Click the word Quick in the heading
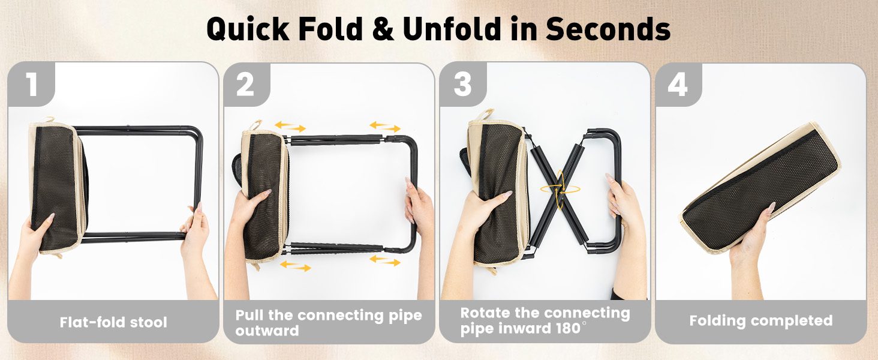click(x=248, y=29)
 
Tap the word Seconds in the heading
click(x=608, y=29)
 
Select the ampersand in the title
click(x=383, y=29)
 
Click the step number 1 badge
click(x=31, y=85)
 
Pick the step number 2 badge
click(x=246, y=85)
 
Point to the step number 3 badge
click(x=462, y=85)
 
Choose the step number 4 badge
click(x=678, y=85)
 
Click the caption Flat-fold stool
click(x=113, y=322)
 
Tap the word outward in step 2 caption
click(x=267, y=331)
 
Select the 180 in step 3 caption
click(x=568, y=328)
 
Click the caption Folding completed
click(x=761, y=321)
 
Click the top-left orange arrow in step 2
click(x=290, y=127)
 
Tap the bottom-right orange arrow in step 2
click(x=385, y=260)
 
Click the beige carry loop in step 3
click(x=483, y=115)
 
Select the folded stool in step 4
click(x=760, y=187)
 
